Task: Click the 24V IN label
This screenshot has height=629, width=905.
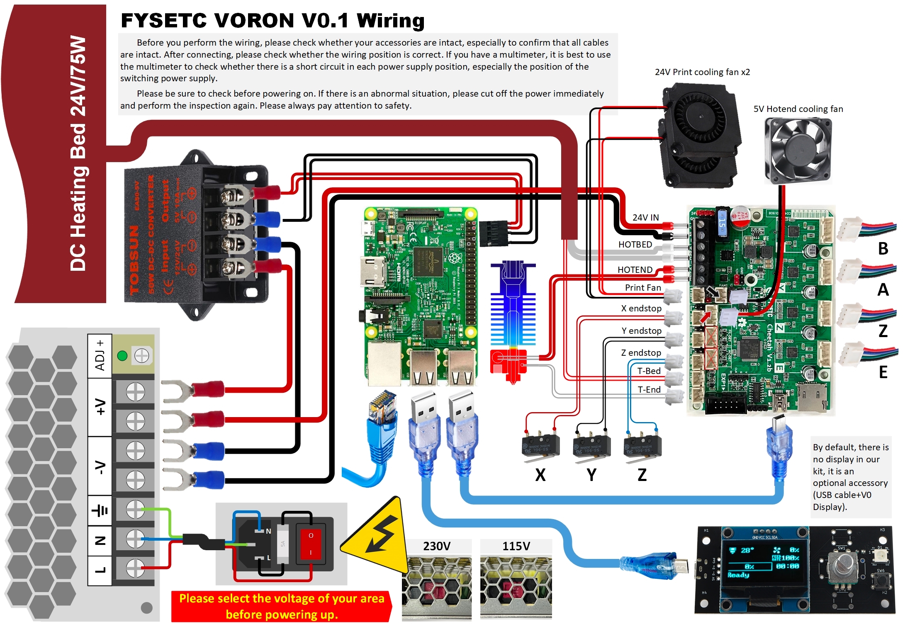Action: (645, 217)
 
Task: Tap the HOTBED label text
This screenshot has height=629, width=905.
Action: (635, 245)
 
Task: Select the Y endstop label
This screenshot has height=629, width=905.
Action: (641, 330)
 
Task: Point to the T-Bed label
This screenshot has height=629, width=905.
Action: (649, 371)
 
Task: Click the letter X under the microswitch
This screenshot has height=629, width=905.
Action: (540, 475)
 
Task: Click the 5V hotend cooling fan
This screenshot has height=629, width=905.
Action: (798, 151)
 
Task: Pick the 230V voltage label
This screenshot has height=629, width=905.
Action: (436, 546)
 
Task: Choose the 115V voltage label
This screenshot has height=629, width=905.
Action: (516, 546)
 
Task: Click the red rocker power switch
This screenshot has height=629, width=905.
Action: (311, 544)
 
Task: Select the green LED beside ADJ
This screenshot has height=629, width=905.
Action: (122, 356)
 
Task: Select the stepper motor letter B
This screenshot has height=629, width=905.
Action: (883, 249)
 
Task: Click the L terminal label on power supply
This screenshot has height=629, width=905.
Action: (100, 570)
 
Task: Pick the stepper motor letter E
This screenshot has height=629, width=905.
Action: (883, 372)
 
